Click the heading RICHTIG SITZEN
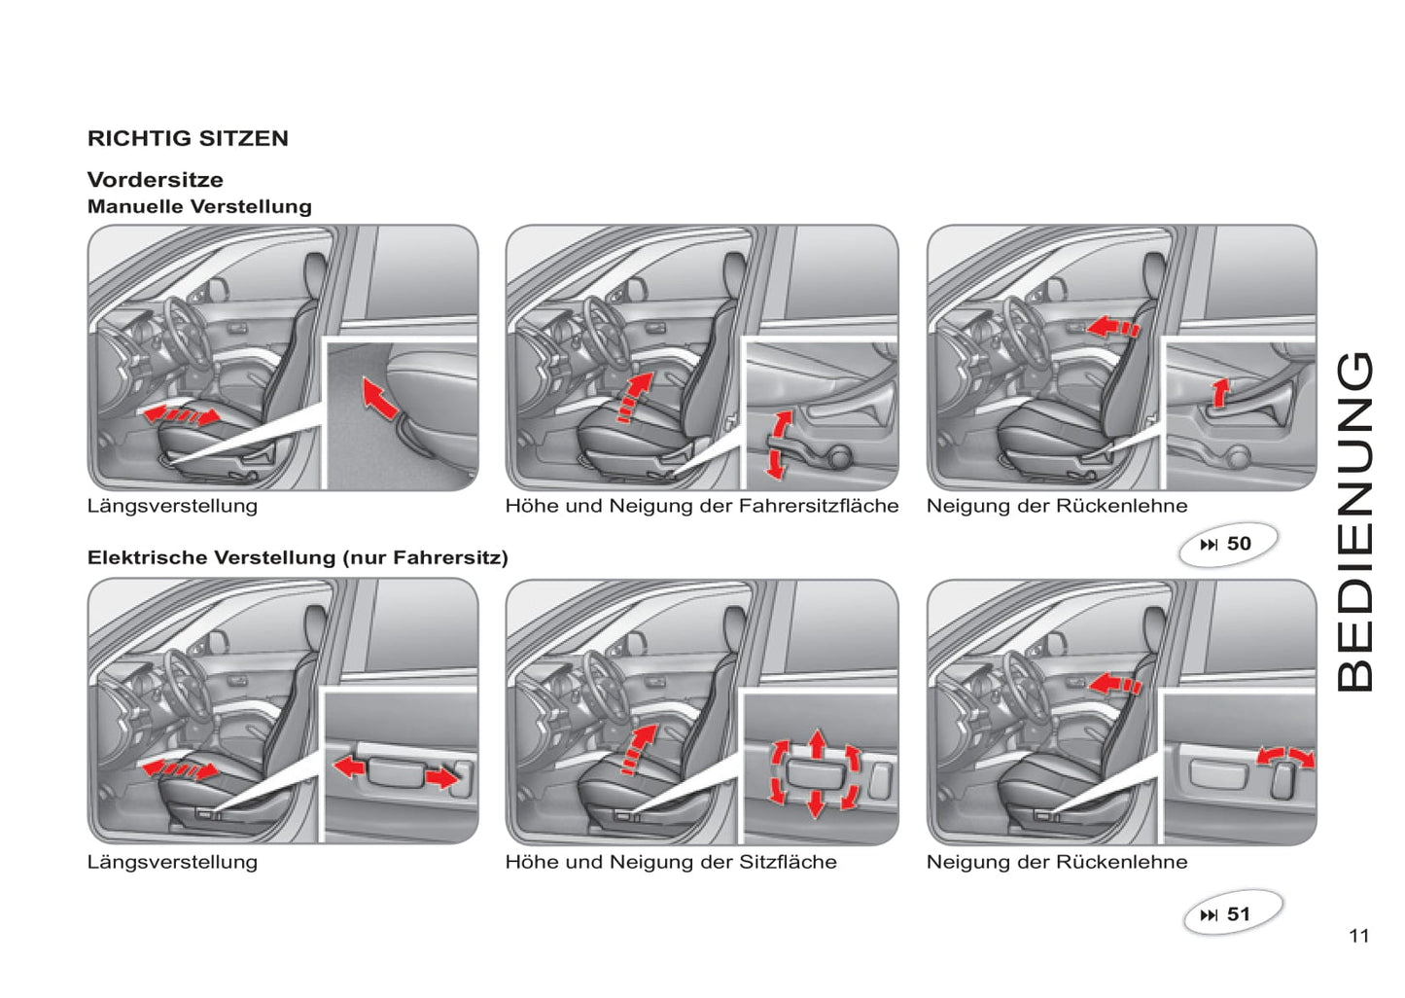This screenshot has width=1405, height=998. point(189,138)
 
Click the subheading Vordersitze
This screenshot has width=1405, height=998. point(156,180)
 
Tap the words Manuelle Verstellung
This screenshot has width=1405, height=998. point(199,206)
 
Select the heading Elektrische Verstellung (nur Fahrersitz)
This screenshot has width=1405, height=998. point(298,557)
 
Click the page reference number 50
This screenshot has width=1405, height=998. point(1239,544)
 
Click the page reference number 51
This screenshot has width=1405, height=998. point(1238,914)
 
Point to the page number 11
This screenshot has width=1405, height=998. point(1359,936)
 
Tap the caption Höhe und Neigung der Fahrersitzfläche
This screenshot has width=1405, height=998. point(702,506)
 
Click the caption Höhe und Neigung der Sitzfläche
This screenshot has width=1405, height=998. point(671,862)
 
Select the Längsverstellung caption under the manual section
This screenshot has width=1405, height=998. point(172,506)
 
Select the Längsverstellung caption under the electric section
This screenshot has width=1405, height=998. point(172,862)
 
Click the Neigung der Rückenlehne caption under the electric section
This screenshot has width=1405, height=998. point(1057,862)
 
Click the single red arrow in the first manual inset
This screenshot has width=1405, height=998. point(379,397)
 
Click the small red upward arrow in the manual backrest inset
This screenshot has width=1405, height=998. point(1220,393)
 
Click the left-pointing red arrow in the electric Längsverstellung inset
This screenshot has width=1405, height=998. point(349,766)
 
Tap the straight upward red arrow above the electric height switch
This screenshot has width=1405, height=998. point(817,744)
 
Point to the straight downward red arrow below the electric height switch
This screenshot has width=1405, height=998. point(816,804)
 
